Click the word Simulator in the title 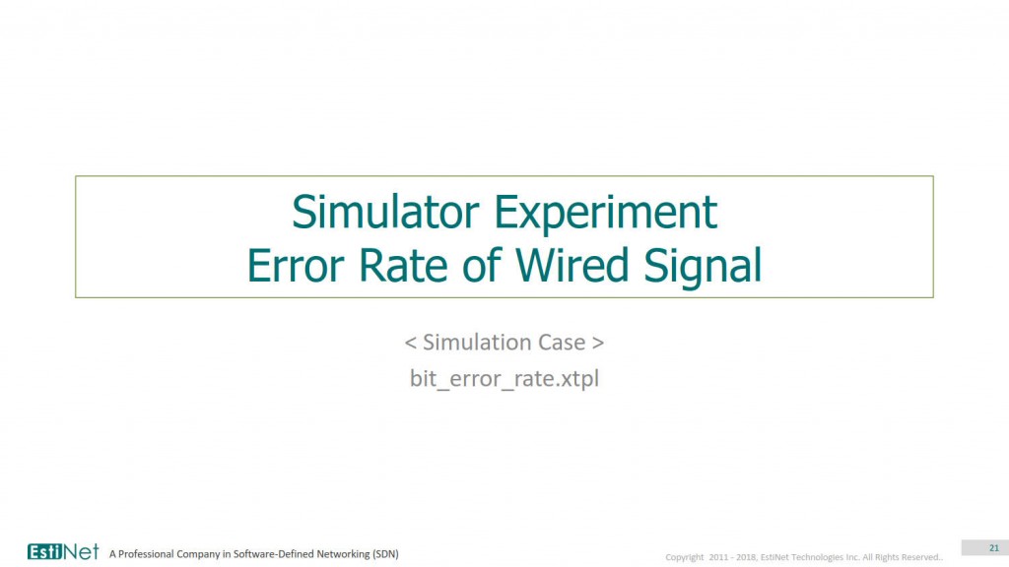pos(385,212)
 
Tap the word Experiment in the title pos(606,214)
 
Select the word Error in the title pos(296,265)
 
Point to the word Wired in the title pos(572,264)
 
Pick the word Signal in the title pos(703,267)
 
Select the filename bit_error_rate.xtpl pos(504,378)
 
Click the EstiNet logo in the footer pos(63,551)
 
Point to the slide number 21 pos(994,547)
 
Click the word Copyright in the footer pos(685,557)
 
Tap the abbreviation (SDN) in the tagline pos(385,553)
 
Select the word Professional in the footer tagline pos(146,553)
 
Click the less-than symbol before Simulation pos(411,343)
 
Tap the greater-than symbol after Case pos(598,343)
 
